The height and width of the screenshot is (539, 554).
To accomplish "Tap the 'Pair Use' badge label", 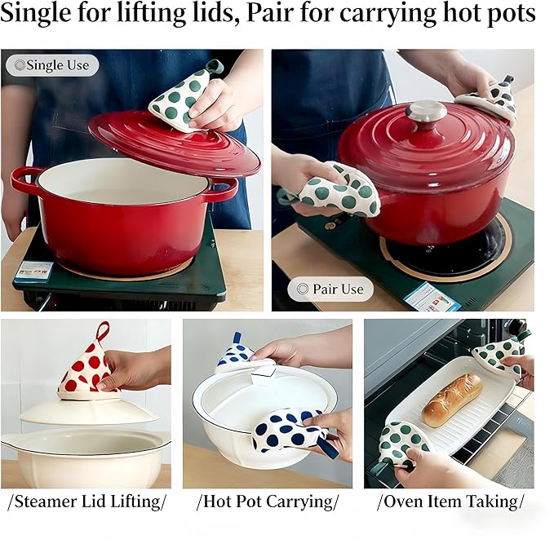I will (330, 289).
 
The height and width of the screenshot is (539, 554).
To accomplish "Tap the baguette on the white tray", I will (451, 399).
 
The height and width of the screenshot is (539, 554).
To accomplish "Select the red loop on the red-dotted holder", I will (102, 330).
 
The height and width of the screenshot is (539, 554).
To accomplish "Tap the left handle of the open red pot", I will (25, 179).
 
